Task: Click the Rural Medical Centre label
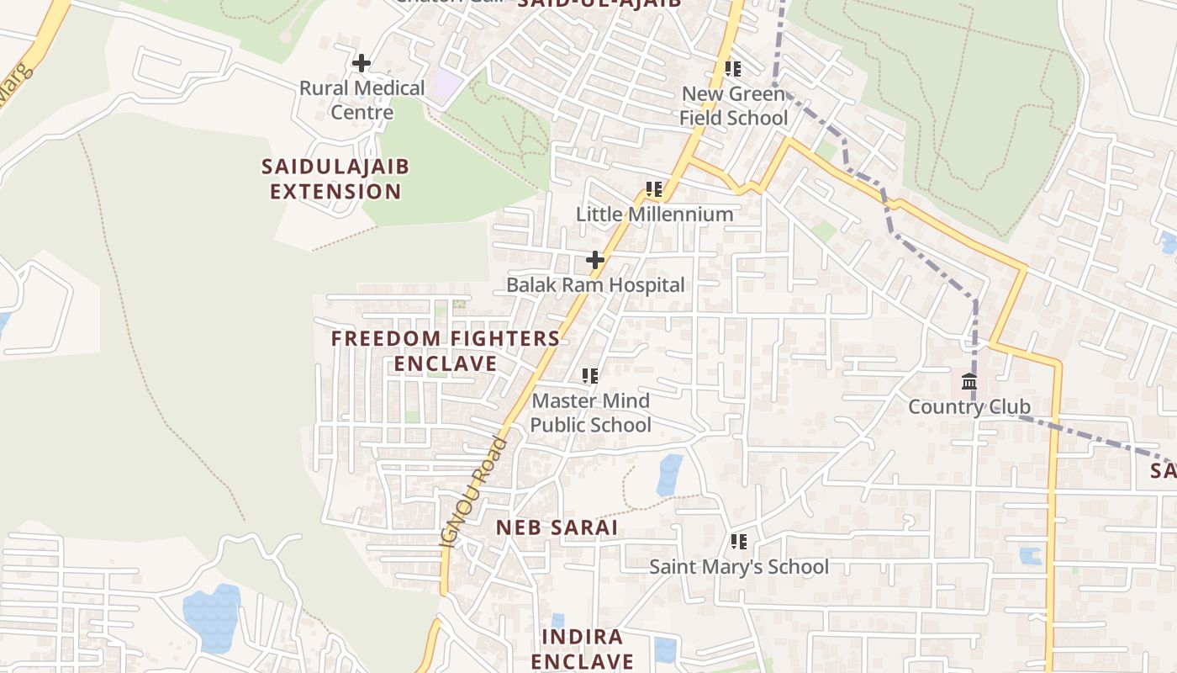[x=362, y=100]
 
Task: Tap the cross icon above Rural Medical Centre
[x=362, y=63]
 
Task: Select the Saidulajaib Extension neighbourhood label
[x=335, y=178]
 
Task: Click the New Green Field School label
[x=733, y=105]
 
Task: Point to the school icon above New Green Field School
[x=733, y=69]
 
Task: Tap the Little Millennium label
[x=654, y=214]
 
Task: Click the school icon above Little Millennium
[x=654, y=189]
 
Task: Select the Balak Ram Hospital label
[x=595, y=284]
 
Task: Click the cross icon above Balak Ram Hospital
[x=595, y=260]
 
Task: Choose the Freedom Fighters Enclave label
[x=446, y=351]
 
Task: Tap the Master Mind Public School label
[x=590, y=412]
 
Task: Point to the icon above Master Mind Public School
[x=590, y=376]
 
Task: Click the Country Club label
[x=969, y=407]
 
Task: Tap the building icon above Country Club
[x=969, y=381]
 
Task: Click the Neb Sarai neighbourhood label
[x=557, y=528]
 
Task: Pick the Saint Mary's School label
[x=738, y=567]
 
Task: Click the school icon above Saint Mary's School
[x=739, y=542]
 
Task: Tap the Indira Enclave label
[x=582, y=649]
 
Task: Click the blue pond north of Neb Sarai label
[x=670, y=474]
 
